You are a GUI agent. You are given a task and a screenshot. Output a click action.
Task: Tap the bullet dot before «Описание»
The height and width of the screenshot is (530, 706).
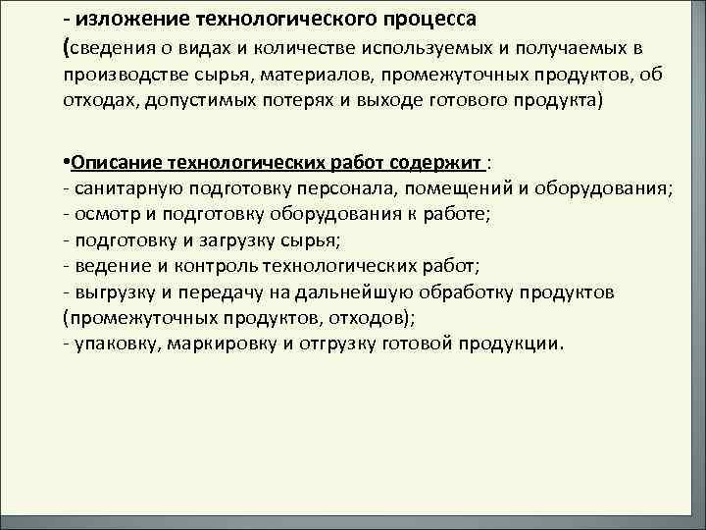65,162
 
